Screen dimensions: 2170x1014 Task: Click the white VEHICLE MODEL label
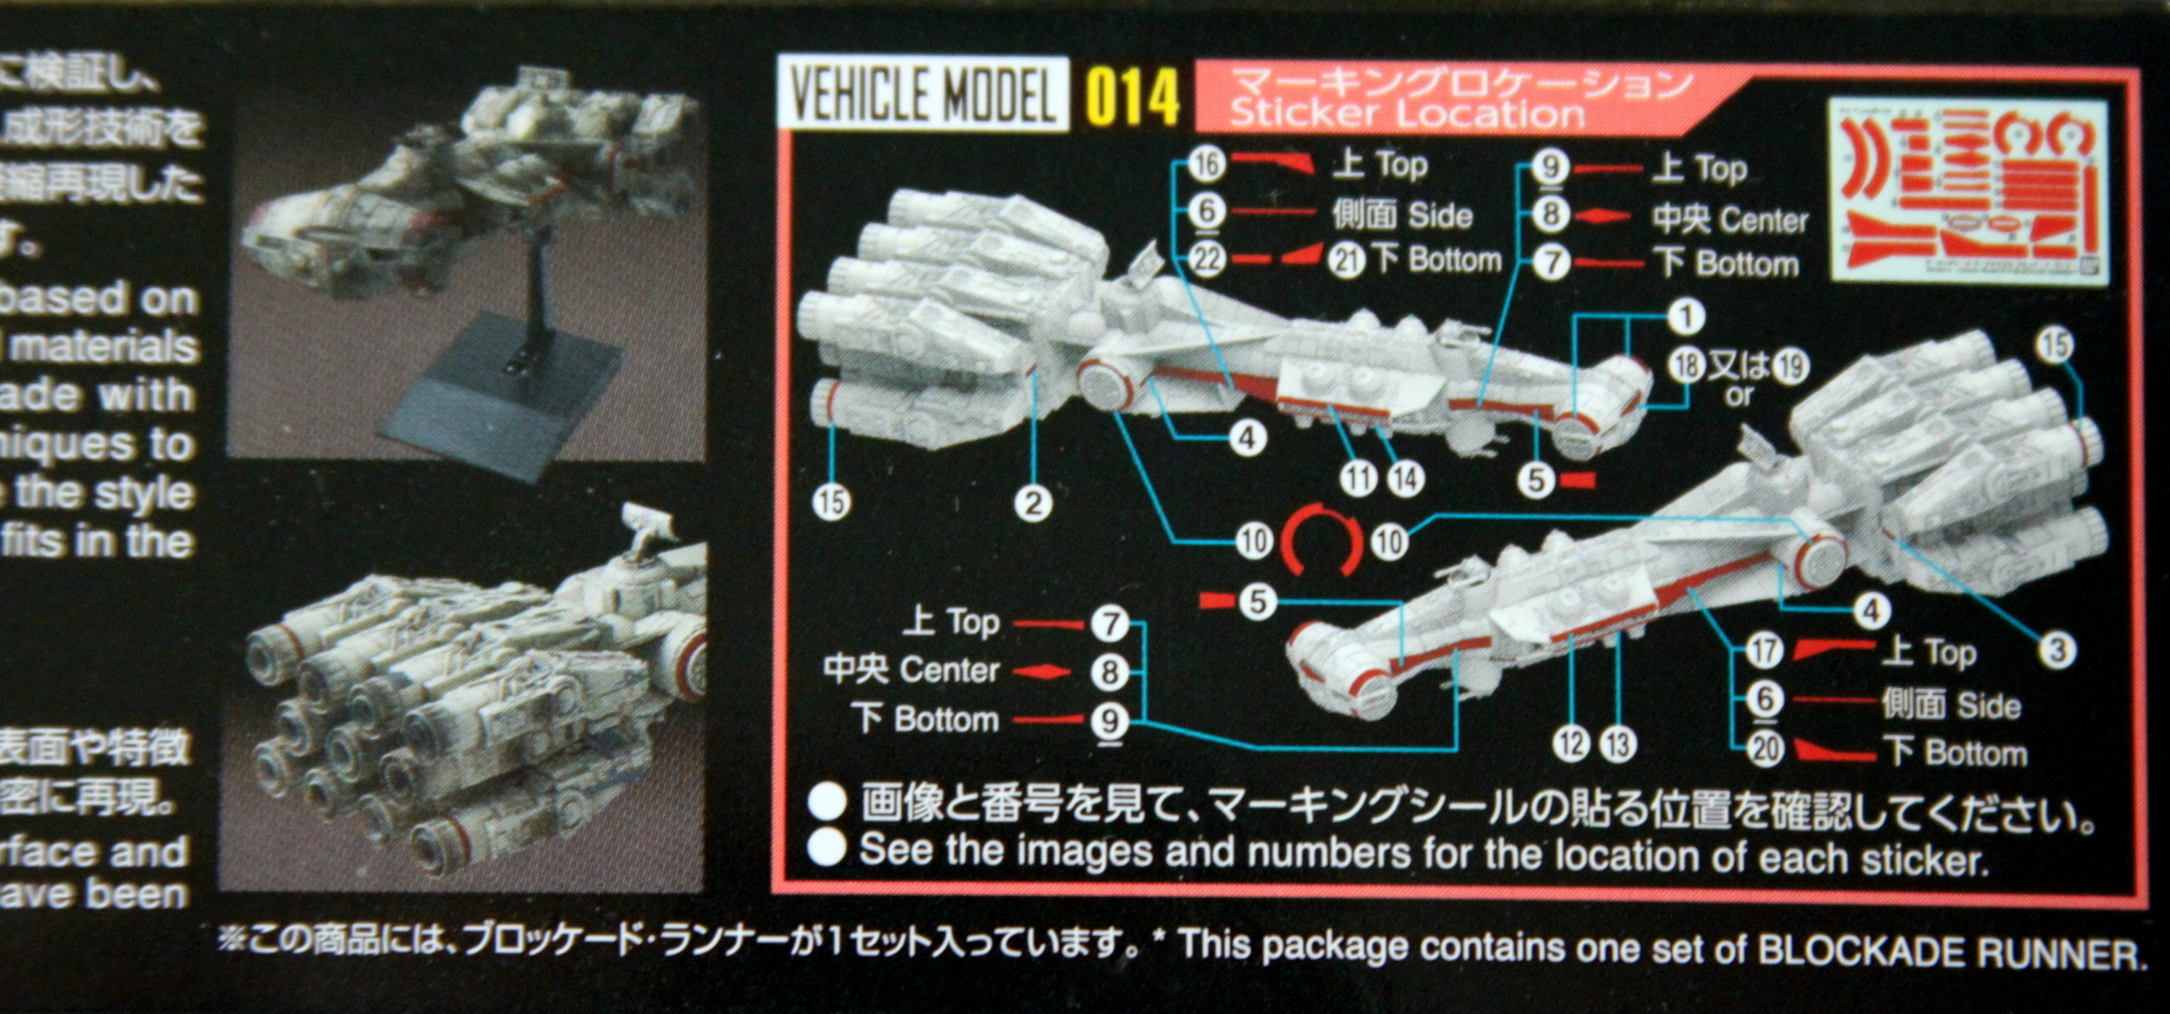click(x=923, y=95)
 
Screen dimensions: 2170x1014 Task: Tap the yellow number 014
click(x=1132, y=97)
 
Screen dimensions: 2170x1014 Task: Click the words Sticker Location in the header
click(x=1406, y=114)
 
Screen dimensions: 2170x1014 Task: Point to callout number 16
click(x=1207, y=164)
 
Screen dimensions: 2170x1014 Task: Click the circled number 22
click(x=1207, y=259)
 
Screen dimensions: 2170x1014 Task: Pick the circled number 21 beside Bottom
click(x=1346, y=259)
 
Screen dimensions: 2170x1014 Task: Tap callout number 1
click(x=1687, y=317)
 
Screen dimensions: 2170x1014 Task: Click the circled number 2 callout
click(x=1033, y=504)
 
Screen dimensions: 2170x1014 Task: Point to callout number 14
click(x=1405, y=478)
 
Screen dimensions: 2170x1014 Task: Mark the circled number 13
click(x=1618, y=743)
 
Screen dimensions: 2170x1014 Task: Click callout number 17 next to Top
click(x=1763, y=650)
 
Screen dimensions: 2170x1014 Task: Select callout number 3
click(x=2057, y=650)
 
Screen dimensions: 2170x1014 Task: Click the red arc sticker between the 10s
click(x=1320, y=539)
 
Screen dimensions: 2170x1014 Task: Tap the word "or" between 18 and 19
click(x=1739, y=396)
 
